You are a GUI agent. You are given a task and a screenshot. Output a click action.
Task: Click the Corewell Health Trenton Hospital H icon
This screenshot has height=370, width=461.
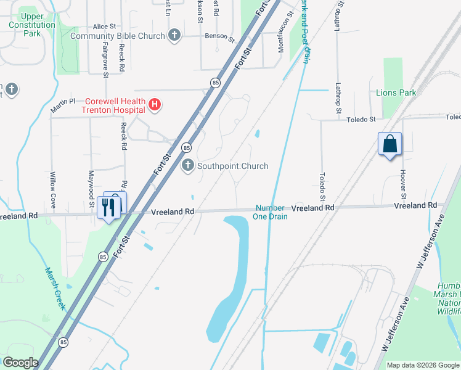coord(155,106)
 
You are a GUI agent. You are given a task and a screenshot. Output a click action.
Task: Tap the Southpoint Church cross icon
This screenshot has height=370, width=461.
coord(188,166)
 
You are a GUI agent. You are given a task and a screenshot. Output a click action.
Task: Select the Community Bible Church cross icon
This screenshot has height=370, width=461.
coord(174,36)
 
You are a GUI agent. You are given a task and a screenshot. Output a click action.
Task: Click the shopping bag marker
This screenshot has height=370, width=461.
coord(390,145)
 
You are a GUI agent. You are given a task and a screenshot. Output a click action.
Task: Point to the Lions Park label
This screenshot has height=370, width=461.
coord(396,93)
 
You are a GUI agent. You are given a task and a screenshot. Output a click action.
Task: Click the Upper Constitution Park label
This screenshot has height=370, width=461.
coord(32,25)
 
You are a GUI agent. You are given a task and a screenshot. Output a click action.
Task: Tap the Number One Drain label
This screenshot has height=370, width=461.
coord(270,212)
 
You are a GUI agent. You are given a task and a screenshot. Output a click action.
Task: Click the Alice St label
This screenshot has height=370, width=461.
coord(104,27)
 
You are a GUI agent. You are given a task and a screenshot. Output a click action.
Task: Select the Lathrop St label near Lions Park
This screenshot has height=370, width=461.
coord(338,99)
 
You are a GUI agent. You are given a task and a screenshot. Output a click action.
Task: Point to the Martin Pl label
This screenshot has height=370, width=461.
coord(62,105)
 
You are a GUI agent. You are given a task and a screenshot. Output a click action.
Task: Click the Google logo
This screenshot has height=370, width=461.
coord(20,363)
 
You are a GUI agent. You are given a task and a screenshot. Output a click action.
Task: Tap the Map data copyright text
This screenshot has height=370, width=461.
coord(422,365)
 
